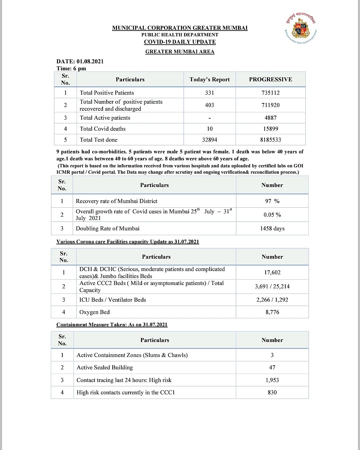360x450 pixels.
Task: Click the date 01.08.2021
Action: point(90,61)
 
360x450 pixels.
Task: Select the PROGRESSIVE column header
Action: point(270,79)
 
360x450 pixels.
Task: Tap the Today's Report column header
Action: point(209,79)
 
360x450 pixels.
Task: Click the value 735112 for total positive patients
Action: point(270,93)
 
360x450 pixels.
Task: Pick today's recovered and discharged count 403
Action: point(209,105)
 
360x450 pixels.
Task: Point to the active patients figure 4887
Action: point(270,118)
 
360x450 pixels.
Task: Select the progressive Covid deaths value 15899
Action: point(270,129)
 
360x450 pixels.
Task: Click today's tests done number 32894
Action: point(209,140)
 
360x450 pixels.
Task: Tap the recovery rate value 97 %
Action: point(272,201)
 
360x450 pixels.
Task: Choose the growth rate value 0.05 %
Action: point(272,215)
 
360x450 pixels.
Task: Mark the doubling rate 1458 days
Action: point(272,228)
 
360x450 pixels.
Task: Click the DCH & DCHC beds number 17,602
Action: point(272,272)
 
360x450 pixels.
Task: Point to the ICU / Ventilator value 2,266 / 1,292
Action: point(272,300)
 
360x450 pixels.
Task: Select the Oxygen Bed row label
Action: point(94,312)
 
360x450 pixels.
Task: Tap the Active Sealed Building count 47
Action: point(272,367)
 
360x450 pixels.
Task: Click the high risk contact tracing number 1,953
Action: point(272,380)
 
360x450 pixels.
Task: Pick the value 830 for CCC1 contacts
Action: point(272,392)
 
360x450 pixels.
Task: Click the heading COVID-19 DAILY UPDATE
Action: point(180,42)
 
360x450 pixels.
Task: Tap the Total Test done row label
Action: point(98,140)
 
